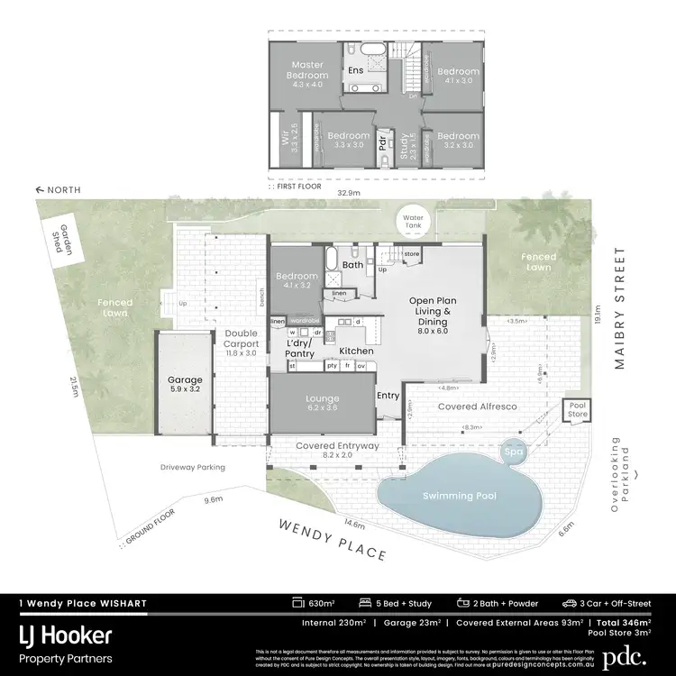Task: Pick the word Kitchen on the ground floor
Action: [x=356, y=351]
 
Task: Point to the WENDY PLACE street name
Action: [x=332, y=538]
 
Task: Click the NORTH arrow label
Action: [x=59, y=190]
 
